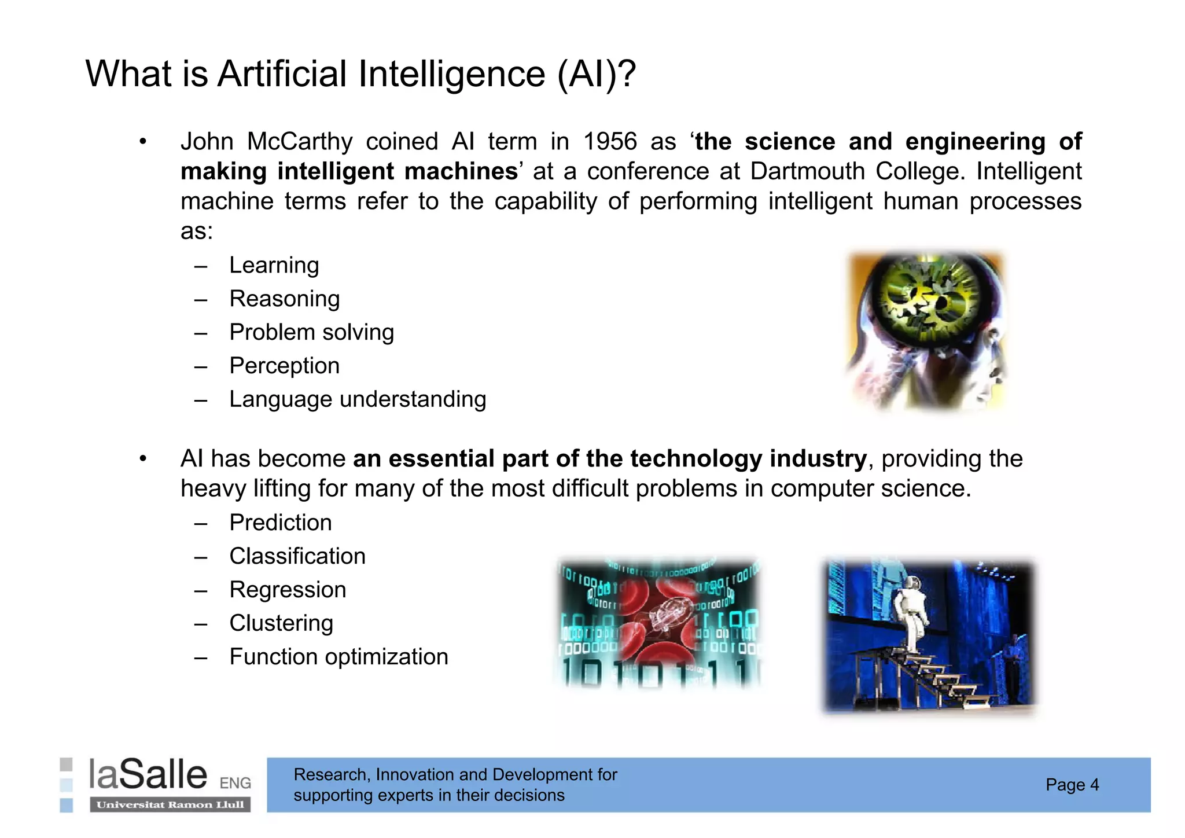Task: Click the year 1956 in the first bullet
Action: (x=610, y=142)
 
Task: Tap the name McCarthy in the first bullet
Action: (x=300, y=142)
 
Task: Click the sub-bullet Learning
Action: (x=274, y=265)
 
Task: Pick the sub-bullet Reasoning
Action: (x=284, y=299)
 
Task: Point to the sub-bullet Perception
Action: (x=284, y=366)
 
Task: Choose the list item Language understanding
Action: (x=358, y=399)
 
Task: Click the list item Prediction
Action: (x=281, y=523)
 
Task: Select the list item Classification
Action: (x=297, y=556)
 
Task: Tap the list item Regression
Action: (x=288, y=590)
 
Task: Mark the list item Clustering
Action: (x=281, y=623)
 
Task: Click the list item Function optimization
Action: (x=338, y=657)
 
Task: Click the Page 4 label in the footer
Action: (x=1072, y=785)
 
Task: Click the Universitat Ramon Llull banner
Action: (x=170, y=805)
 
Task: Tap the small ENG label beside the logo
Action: (x=235, y=783)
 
